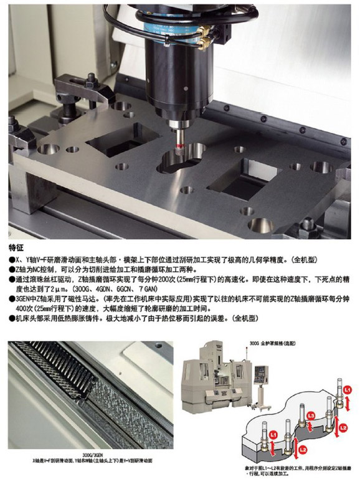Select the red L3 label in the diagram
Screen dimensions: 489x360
pos(311,415)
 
